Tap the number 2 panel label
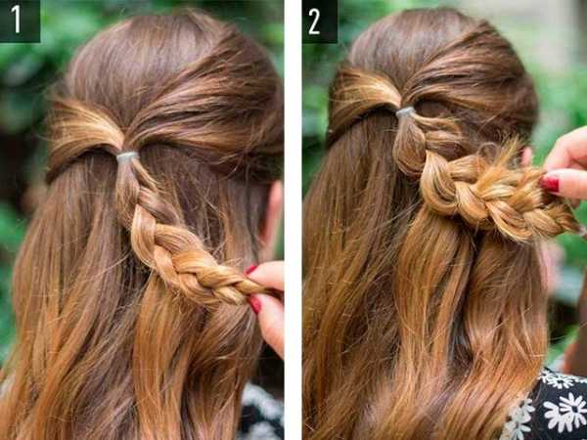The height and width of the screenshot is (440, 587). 314,22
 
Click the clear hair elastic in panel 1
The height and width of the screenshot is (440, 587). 127,156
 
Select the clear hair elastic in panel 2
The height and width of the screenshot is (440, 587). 406,111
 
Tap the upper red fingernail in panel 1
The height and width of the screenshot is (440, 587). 250,269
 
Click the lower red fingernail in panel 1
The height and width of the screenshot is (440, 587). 255,304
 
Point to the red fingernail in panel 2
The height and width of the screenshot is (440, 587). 549,184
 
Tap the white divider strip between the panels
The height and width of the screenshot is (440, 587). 293,220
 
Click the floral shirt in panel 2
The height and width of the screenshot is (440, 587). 547,406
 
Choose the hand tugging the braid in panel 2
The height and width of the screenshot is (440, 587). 564,164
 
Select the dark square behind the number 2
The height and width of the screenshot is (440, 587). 320,22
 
